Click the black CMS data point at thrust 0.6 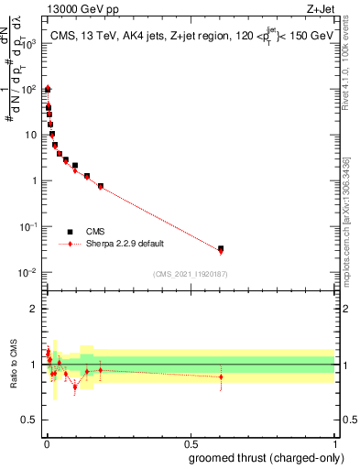coord(221,248)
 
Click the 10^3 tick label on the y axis coord(29,43)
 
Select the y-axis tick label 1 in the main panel coord(35,180)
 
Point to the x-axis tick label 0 coord(46,444)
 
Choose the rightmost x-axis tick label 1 coord(334,444)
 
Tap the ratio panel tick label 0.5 coord(30,420)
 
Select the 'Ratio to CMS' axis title coord(13,364)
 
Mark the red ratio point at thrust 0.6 coord(221,376)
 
